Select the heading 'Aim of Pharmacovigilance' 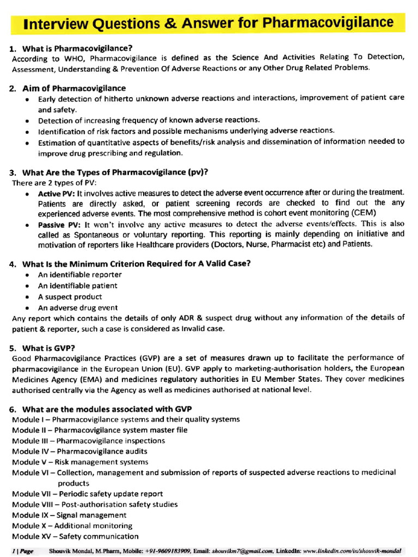pyautogui.click(x=74, y=88)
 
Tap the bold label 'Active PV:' pyautogui.click(x=57, y=193)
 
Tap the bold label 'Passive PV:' pyautogui.click(x=59, y=224)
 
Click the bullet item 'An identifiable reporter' pyautogui.click(x=79, y=275)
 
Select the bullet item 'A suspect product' pyautogui.click(x=70, y=297)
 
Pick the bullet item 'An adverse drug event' pyautogui.click(x=77, y=308)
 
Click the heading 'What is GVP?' pyautogui.click(x=48, y=348)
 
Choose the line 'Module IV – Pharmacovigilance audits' pyautogui.click(x=79, y=451)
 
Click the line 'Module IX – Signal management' pyautogui.click(x=69, y=515)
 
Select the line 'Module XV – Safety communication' pyautogui.click(x=75, y=536)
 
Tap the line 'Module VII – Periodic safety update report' pyautogui.click(x=87, y=494)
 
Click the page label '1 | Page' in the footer pyautogui.click(x=22, y=551)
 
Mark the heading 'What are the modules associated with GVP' pyautogui.click(x=107, y=409)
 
